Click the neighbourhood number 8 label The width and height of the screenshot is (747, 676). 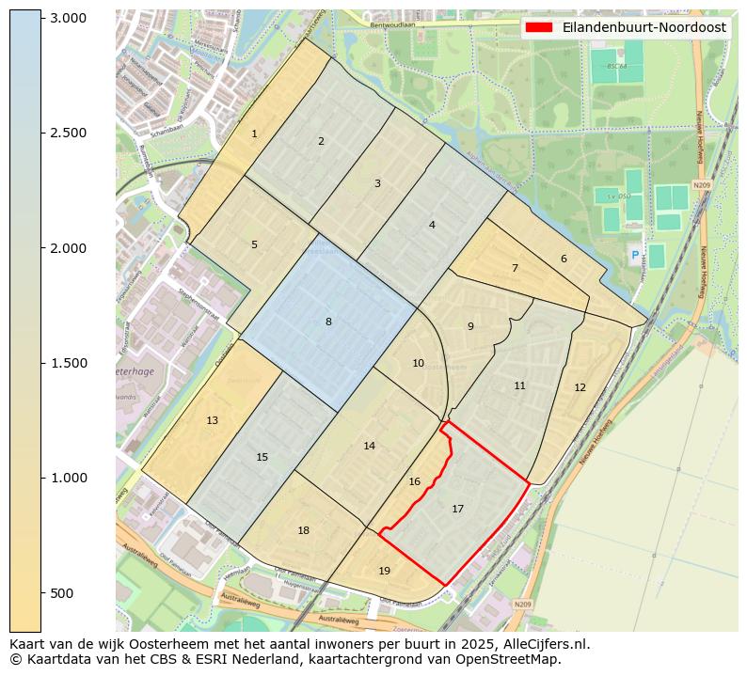328,322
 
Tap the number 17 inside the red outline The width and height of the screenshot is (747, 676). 457,509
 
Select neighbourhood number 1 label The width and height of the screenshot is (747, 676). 254,134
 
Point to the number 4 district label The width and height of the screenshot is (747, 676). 432,225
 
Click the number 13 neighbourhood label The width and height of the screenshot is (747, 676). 213,420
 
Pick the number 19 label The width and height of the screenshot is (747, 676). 384,571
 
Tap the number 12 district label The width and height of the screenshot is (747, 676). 580,387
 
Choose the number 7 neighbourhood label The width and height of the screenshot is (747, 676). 515,268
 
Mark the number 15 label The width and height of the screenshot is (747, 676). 262,457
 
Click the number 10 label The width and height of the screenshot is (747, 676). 418,363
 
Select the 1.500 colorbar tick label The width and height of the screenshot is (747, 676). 67,363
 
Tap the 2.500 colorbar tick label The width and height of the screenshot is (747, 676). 67,133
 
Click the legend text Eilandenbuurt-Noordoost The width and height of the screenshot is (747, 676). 644,27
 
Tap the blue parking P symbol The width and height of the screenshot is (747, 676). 634,255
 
